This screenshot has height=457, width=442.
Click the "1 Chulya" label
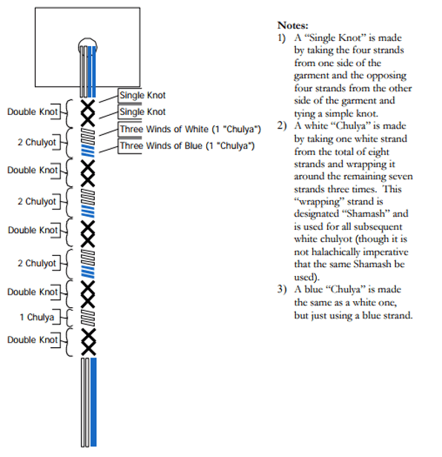coord(37,317)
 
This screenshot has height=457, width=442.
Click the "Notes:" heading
coord(292,25)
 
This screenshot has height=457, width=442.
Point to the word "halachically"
coord(336,251)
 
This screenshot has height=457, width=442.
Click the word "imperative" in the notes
coord(386,252)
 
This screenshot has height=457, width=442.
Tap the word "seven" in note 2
coord(400,177)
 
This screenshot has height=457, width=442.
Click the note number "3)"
coord(282,289)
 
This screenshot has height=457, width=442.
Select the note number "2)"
coord(282,126)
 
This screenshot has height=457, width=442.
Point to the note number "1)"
coord(282,38)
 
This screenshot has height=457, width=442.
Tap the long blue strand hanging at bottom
coord(93,402)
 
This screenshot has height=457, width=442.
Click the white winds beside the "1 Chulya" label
coord(88,318)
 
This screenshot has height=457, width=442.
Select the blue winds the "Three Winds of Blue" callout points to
coord(88,151)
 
